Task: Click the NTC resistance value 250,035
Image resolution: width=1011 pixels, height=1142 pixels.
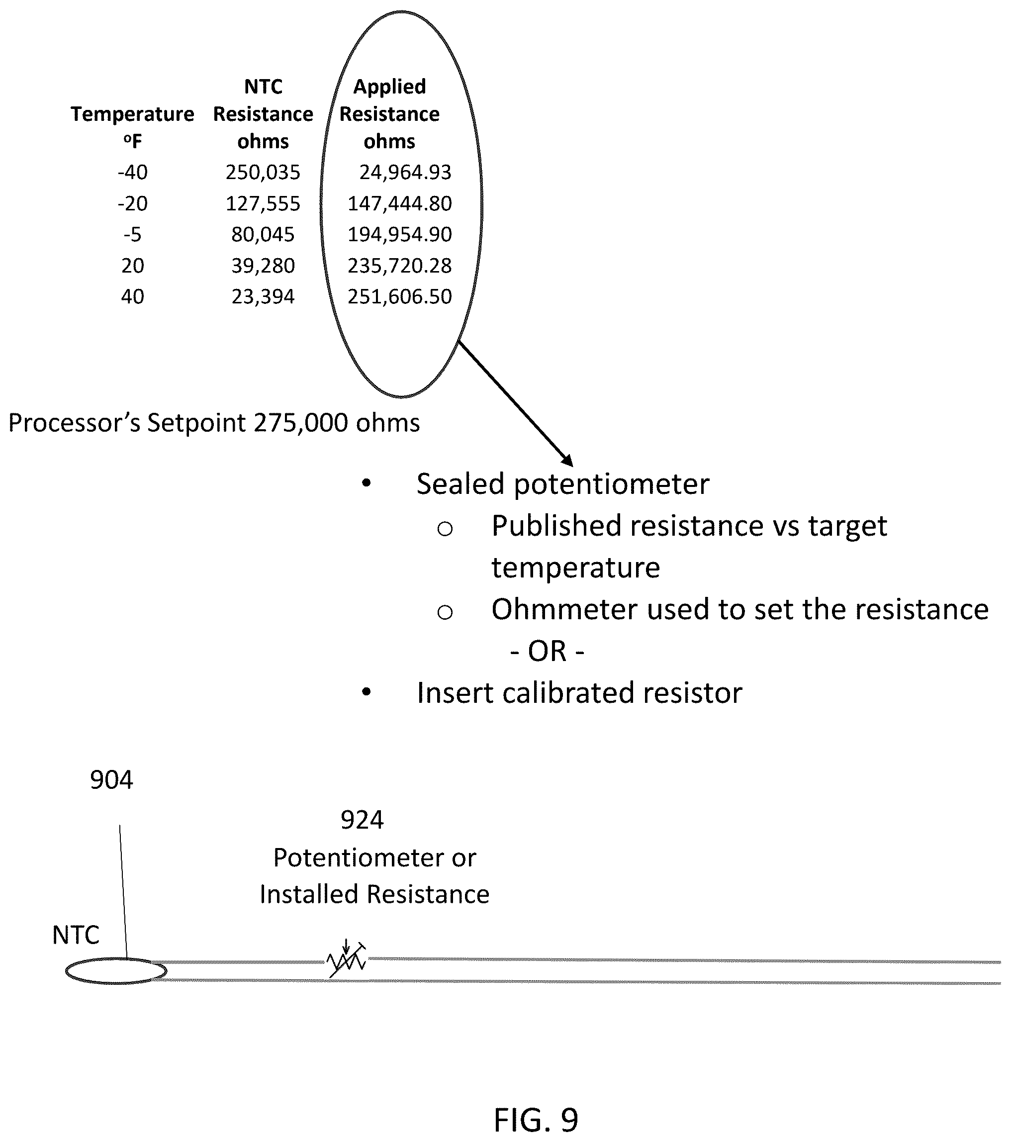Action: click(263, 172)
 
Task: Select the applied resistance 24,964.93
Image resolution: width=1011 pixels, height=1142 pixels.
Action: click(405, 172)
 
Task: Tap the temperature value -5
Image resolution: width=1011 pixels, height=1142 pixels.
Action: click(132, 234)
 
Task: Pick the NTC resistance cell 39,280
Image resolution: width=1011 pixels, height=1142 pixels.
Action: click(263, 266)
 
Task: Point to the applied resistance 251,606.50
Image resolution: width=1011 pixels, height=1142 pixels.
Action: click(399, 296)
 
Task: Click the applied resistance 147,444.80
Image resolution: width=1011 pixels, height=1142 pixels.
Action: click(399, 203)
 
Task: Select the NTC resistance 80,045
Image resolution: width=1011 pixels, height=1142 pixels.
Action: click(263, 234)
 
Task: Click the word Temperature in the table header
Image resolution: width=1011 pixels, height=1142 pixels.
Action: click(132, 114)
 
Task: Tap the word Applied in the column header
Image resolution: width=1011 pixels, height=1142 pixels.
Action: click(389, 87)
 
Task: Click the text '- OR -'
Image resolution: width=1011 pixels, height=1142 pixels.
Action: click(548, 652)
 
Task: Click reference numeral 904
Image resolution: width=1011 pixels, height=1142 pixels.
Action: click(112, 780)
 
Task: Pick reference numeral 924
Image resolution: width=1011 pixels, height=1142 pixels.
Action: click(362, 820)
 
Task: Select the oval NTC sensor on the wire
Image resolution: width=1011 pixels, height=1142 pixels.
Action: click(116, 971)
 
